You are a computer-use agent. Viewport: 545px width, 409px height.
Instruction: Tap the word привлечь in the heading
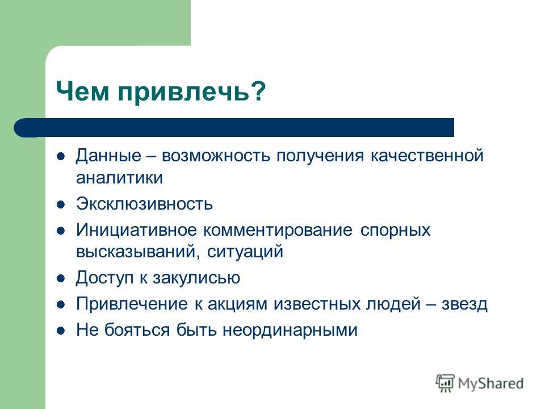pos(183,92)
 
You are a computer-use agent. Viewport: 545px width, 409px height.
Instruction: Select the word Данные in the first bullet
pos(109,156)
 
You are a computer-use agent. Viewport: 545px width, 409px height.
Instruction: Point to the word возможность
pos(216,156)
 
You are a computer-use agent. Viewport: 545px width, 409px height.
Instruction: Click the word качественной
pos(427,156)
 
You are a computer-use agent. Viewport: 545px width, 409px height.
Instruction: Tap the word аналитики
pos(120,178)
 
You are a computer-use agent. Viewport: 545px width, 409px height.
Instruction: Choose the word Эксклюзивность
pos(145,204)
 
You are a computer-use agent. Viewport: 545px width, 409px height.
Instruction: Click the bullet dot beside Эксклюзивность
pos(61,204)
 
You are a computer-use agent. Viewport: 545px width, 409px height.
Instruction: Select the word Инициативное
pos(137,230)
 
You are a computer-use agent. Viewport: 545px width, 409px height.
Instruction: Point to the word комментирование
pos(278,230)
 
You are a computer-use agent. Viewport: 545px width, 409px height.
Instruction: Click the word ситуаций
pos(245,252)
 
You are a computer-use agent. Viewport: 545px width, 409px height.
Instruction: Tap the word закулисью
pos(196,278)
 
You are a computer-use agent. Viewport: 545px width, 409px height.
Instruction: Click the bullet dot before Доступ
pos(61,278)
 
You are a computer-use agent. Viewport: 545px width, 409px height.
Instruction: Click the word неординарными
pos(290,330)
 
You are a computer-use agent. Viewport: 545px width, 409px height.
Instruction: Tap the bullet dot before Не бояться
pos(61,331)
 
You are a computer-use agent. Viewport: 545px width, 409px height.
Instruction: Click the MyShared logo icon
pos(445,383)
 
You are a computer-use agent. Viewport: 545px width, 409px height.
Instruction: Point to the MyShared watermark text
pos(491,384)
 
